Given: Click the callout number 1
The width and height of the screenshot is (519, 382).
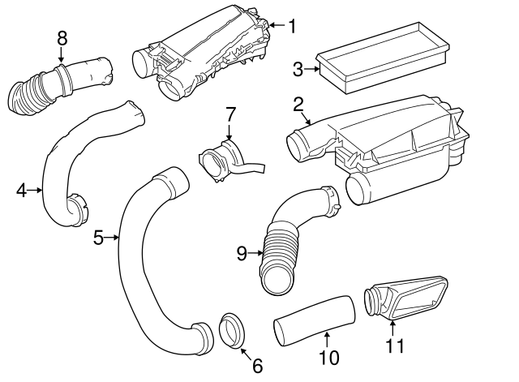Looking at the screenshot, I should point(291,26).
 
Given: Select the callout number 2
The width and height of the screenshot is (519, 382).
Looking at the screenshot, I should point(298,104).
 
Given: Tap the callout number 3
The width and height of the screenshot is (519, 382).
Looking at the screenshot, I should point(298,70).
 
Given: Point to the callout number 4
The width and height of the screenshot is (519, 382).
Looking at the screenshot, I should point(22,191).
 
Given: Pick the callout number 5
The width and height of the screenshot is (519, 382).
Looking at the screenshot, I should point(99,238).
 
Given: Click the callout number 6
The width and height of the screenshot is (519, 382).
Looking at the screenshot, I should point(257,366).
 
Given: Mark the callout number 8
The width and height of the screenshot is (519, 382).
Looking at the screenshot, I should point(61,36).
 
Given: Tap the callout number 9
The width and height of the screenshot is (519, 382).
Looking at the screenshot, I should point(241,253).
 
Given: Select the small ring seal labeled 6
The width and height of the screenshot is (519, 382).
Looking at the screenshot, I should point(234,332).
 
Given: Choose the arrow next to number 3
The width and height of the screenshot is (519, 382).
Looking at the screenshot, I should point(311,70).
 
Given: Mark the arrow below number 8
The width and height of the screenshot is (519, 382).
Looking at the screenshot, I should point(61,56).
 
